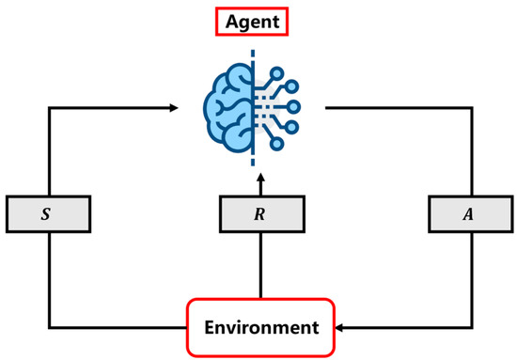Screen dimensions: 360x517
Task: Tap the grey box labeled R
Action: point(259,213)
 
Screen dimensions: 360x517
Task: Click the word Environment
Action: point(259,328)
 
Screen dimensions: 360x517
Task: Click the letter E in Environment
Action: point(209,328)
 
